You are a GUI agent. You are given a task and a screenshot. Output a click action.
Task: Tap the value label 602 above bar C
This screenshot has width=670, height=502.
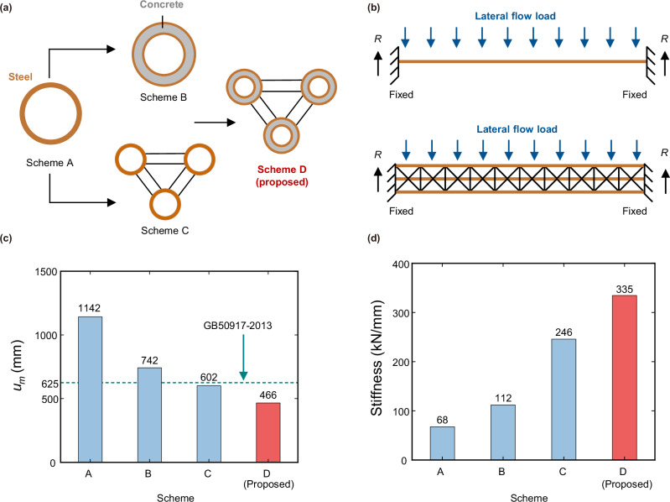tap(207, 377)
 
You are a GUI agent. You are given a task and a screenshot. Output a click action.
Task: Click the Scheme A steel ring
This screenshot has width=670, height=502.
tap(50, 115)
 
